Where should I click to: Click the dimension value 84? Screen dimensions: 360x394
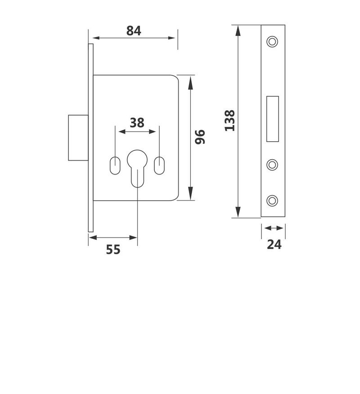[x=134, y=31]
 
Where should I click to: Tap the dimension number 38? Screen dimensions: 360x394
[x=137, y=122]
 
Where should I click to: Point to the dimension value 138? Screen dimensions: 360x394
[x=229, y=121]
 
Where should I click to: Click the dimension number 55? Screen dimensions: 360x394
[x=113, y=249]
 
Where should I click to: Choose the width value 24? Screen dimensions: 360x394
[x=274, y=244]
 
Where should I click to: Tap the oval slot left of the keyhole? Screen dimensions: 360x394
[x=115, y=165]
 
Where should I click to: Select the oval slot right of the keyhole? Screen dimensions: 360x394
[x=159, y=165]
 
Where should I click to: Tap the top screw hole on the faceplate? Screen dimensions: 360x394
[x=272, y=41]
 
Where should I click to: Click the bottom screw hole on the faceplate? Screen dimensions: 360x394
[x=272, y=200]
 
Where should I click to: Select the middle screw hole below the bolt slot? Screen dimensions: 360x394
[x=272, y=165]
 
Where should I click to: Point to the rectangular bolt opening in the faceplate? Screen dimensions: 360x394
[x=273, y=119]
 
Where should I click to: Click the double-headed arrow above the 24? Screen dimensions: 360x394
[x=273, y=228]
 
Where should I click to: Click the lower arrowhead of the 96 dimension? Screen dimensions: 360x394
[x=191, y=194]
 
